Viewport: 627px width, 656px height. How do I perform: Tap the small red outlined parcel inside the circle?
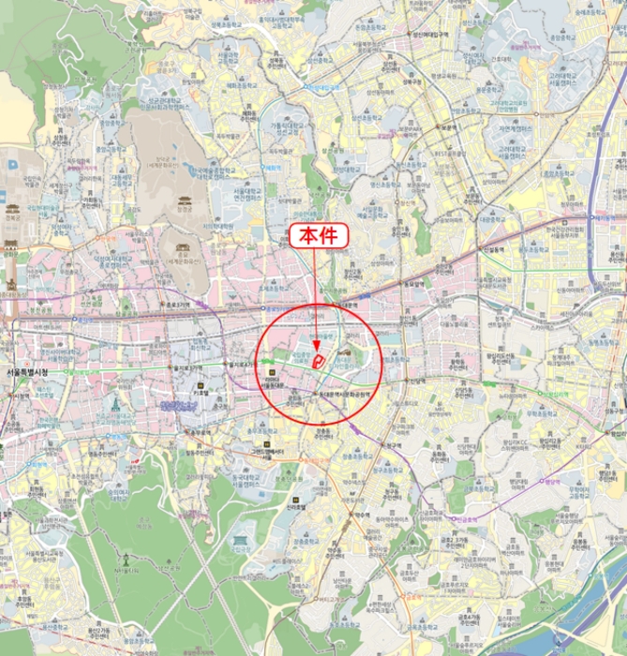[x=319, y=360]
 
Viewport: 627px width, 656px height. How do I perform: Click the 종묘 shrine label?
[x=183, y=251]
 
